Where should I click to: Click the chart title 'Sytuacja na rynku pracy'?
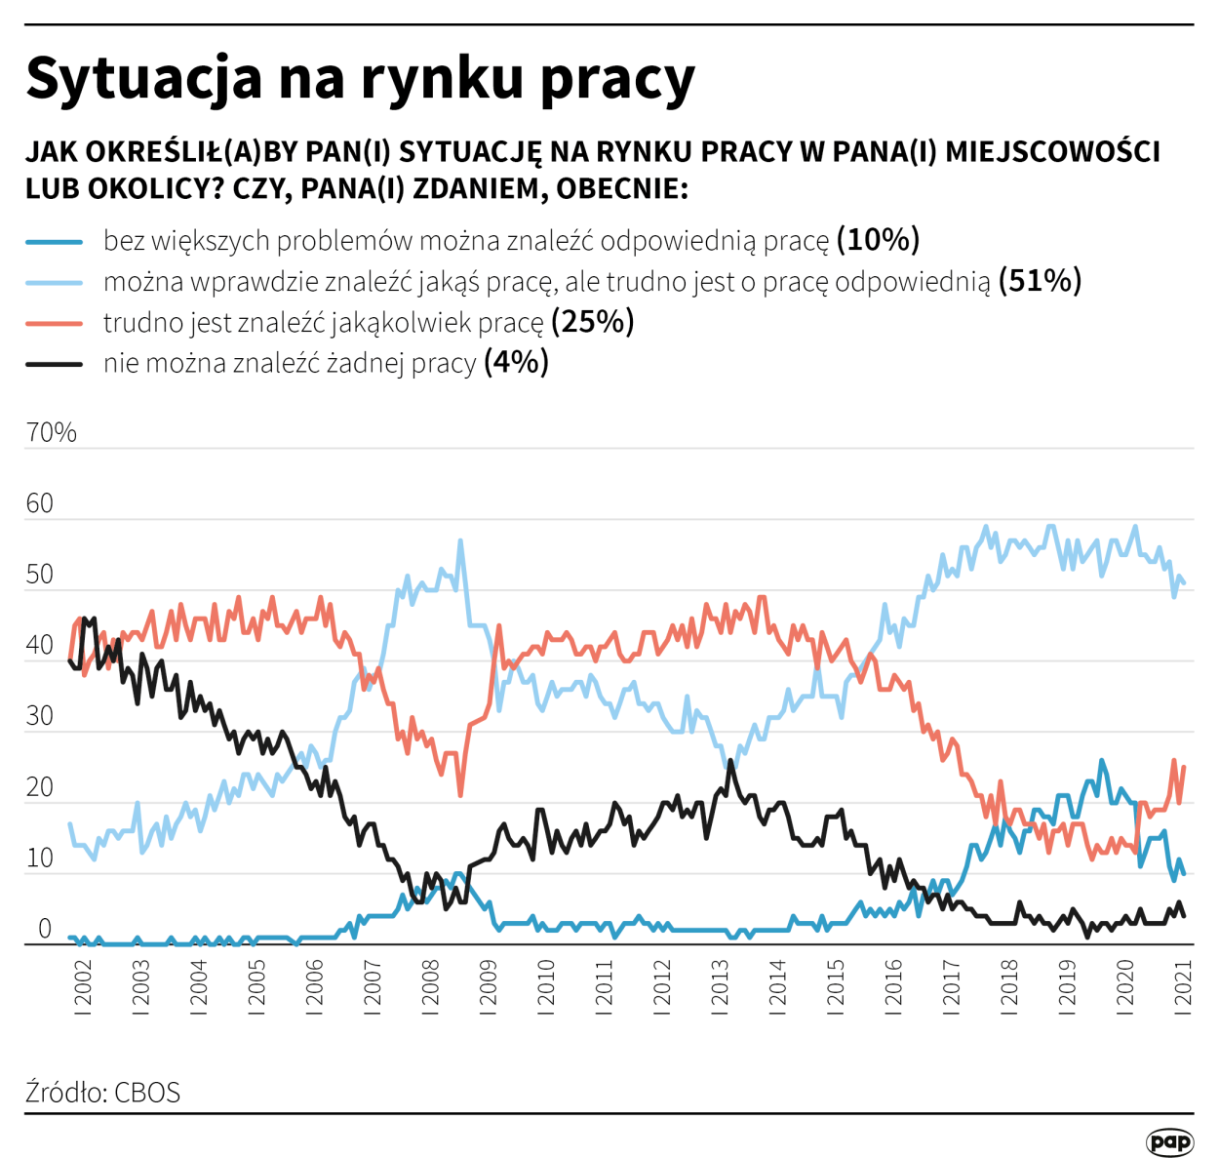coord(360,78)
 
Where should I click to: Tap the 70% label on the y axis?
coord(51,432)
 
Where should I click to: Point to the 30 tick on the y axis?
coord(40,716)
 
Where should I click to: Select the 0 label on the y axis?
coord(45,929)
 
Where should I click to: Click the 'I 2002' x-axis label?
coord(83,987)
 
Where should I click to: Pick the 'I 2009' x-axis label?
coord(489,987)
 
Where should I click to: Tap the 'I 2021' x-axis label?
coord(1184,987)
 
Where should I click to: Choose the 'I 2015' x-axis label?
coord(836,987)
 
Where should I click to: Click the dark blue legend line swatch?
coord(55,241)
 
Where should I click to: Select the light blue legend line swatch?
coord(55,282)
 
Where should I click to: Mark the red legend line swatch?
coord(55,323)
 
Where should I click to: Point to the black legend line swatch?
coord(55,364)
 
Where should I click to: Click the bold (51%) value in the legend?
coord(1040,281)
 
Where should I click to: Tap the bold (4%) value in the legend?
coord(516,363)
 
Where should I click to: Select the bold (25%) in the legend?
coord(593,322)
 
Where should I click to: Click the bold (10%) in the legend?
coord(878,240)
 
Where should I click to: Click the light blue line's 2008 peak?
coord(460,540)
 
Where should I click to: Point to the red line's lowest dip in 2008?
coord(460,795)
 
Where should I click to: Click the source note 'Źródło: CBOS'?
coord(103,1092)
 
